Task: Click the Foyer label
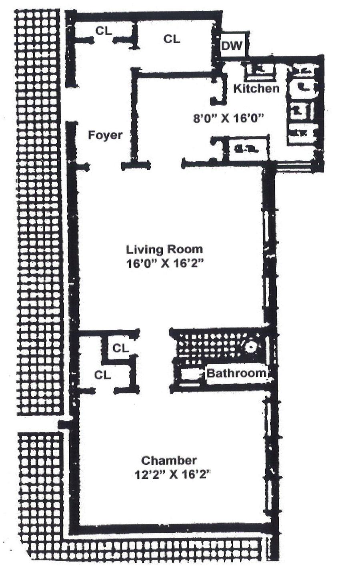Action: point(105,135)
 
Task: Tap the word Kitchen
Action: point(256,88)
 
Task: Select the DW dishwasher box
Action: point(232,46)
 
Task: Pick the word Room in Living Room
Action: point(185,249)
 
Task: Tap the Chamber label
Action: point(169,460)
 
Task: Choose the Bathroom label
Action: point(236,373)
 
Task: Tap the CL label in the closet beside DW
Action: point(172,39)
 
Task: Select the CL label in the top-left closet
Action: point(104,31)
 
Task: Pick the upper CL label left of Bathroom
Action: point(120,348)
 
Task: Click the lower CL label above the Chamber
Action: point(102,375)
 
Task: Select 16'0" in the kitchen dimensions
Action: point(249,118)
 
